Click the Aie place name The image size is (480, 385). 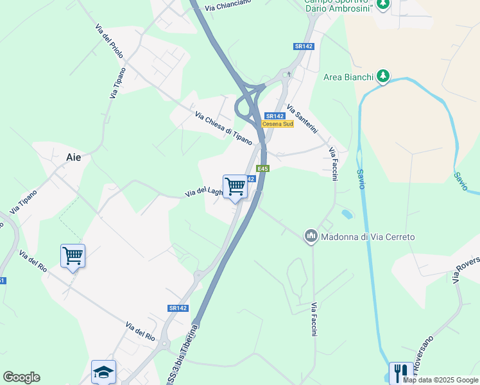click(x=74, y=157)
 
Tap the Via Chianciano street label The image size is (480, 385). click(x=228, y=5)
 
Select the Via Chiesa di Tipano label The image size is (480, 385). click(x=224, y=128)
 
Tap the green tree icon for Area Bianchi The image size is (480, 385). click(x=383, y=77)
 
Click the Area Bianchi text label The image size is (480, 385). click(x=348, y=78)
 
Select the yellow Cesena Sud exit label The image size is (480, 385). click(x=278, y=124)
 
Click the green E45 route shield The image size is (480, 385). click(x=262, y=169)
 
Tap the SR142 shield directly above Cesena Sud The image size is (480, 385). click(x=274, y=116)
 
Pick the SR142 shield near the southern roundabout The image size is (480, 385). click(x=178, y=308)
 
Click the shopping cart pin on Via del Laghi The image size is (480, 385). click(x=236, y=187)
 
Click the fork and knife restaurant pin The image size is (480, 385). click(x=401, y=372)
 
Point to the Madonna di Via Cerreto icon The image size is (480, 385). click(x=311, y=237)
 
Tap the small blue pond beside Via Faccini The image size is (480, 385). click(x=346, y=213)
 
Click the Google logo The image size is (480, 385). click(x=22, y=377)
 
